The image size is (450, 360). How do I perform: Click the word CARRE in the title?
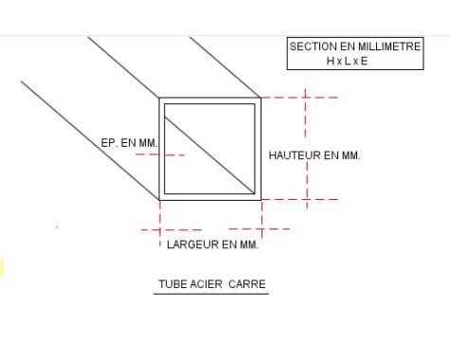247,283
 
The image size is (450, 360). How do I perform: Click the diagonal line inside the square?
209,148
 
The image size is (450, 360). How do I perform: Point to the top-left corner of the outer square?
159,98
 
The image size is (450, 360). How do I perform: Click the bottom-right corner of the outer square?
261,200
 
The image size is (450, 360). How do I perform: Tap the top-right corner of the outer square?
261,98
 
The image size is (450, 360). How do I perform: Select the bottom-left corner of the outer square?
159,200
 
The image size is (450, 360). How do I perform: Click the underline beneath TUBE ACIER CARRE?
212,293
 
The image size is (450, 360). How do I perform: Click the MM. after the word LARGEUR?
248,244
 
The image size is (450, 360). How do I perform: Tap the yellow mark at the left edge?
2,268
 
